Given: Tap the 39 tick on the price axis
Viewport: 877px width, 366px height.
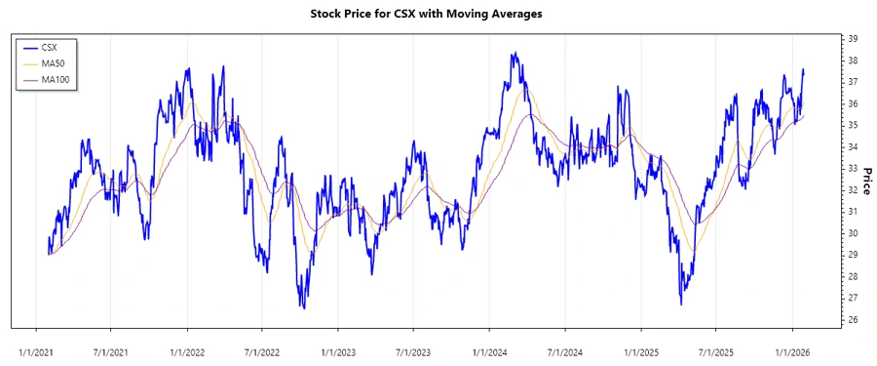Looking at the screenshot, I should [x=852, y=39].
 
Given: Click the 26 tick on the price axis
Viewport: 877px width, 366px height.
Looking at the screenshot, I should [x=852, y=319].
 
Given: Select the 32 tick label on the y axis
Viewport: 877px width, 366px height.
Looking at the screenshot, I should [x=852, y=190].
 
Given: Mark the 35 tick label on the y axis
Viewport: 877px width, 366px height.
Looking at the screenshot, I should [x=852, y=125].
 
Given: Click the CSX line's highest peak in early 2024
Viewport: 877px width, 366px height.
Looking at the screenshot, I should [x=513, y=53].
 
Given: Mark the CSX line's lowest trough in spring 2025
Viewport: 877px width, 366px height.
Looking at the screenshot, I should [x=680, y=305].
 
